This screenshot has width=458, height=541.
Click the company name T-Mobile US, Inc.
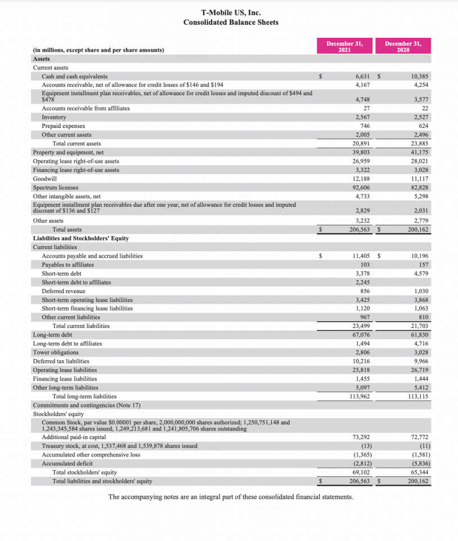(x=231, y=12)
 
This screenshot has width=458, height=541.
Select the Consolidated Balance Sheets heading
(x=231, y=23)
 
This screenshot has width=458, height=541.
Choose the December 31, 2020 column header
(x=403, y=46)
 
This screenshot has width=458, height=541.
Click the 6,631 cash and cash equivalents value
(x=362, y=76)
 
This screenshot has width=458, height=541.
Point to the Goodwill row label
(x=45, y=179)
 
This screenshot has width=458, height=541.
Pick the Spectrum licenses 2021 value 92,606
(x=360, y=188)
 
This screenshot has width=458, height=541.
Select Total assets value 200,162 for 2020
(x=417, y=229)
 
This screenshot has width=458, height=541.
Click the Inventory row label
(x=54, y=117)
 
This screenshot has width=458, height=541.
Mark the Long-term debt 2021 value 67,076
(x=360, y=335)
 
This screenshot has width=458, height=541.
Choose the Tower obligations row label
(x=56, y=352)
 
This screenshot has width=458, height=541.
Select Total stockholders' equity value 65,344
(x=418, y=472)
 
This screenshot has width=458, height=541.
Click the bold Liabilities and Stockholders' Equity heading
(x=81, y=238)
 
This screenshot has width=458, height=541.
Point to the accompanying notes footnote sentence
(x=231, y=497)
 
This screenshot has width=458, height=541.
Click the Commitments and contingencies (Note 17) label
(x=87, y=405)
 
